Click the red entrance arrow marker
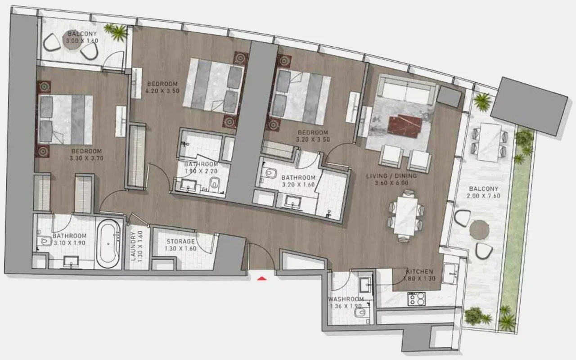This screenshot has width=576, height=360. (x=262, y=278)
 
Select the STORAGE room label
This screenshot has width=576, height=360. (x=180, y=242)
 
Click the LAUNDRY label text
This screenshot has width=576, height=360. (x=133, y=246)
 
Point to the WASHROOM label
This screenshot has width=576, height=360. (x=346, y=299)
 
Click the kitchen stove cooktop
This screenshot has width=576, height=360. (x=417, y=299)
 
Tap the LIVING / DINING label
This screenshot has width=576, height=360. (x=391, y=176)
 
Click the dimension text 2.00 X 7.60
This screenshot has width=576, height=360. (x=483, y=196)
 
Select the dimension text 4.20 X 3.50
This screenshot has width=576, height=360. (x=162, y=91)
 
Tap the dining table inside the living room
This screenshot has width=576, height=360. (x=405, y=216)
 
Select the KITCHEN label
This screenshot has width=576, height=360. (x=420, y=271)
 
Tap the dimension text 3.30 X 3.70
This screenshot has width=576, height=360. (x=86, y=158)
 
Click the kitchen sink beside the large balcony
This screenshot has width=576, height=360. (x=450, y=273)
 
